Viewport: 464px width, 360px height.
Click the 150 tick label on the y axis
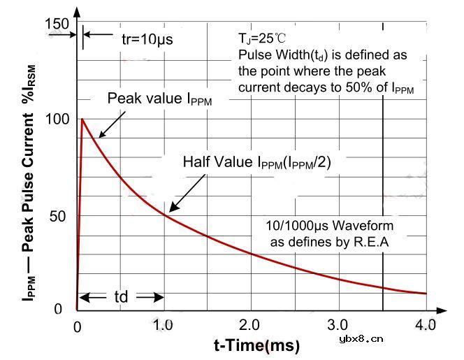pyautogui.click(x=57, y=24)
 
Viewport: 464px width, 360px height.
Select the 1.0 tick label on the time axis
pyautogui.click(x=164, y=325)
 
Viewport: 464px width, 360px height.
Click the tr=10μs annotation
pyautogui.click(x=147, y=38)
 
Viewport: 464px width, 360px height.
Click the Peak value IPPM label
pyautogui.click(x=159, y=99)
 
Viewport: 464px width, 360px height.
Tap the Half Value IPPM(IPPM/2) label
pyautogui.click(x=257, y=162)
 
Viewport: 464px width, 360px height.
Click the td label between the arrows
pyautogui.click(x=121, y=297)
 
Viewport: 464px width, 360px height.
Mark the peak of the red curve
pyautogui.click(x=82, y=119)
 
